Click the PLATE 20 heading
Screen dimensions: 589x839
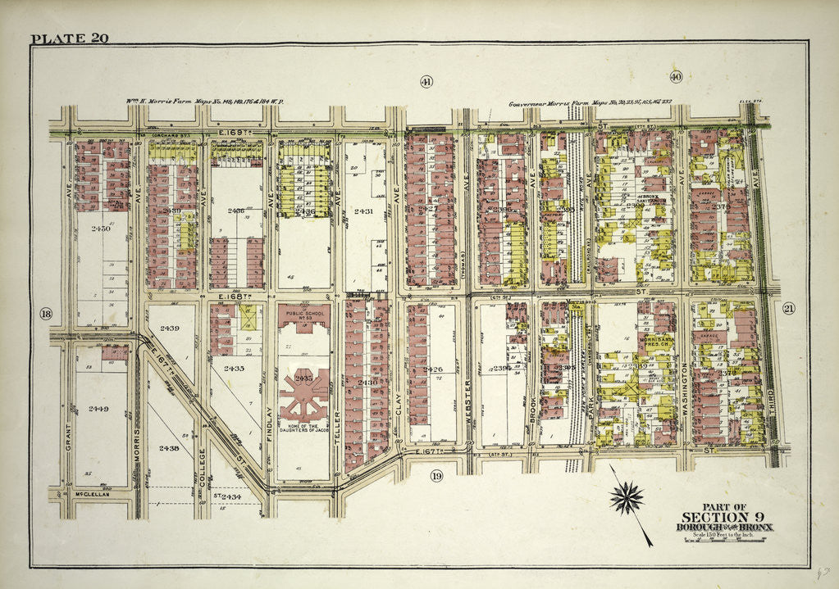pyautogui.click(x=69, y=39)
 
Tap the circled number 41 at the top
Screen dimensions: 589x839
pyautogui.click(x=426, y=80)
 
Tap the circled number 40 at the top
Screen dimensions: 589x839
pyautogui.click(x=676, y=76)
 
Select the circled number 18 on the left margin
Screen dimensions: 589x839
pyautogui.click(x=45, y=313)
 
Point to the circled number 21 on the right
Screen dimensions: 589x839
pyautogui.click(x=789, y=308)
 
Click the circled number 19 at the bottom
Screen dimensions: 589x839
pyautogui.click(x=436, y=475)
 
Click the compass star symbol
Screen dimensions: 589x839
pyautogui.click(x=627, y=497)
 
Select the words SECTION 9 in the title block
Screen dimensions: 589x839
pyautogui.click(x=725, y=516)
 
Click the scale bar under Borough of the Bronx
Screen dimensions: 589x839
pyautogui.click(x=725, y=540)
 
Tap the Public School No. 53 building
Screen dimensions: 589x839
pyautogui.click(x=303, y=315)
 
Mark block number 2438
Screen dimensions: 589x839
pyautogui.click(x=170, y=447)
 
